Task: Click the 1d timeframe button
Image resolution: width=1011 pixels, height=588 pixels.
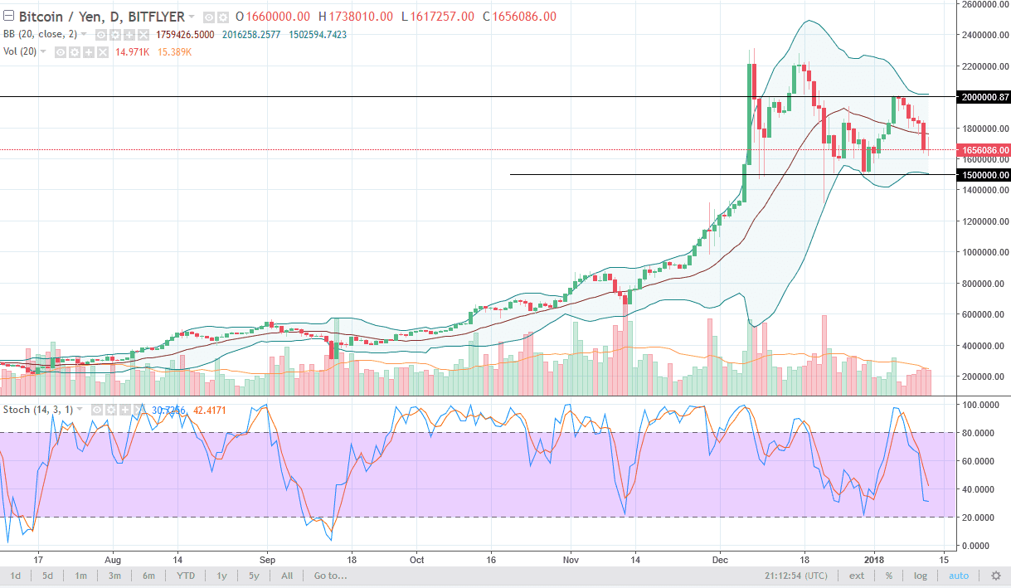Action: (x=15, y=576)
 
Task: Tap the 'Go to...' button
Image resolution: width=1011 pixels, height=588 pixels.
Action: (x=330, y=576)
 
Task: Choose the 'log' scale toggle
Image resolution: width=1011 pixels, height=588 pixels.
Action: (x=920, y=576)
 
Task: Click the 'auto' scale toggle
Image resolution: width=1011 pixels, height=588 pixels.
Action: (x=958, y=576)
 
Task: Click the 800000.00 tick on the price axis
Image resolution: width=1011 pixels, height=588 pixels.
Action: (x=984, y=284)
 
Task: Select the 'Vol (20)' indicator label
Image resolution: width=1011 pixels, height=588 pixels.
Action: (x=24, y=52)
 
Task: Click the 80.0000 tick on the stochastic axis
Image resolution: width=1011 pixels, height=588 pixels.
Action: (x=982, y=432)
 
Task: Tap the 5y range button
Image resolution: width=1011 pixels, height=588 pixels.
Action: (x=254, y=576)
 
